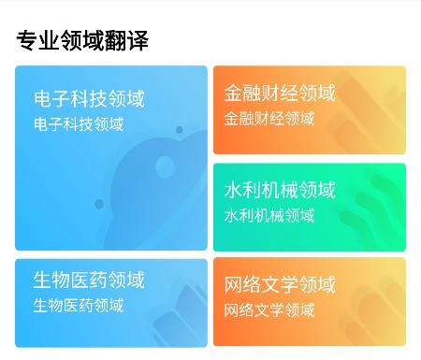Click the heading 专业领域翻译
click(x=82, y=40)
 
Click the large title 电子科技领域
click(x=89, y=99)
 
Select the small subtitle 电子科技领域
click(x=78, y=123)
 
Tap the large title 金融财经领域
click(x=279, y=94)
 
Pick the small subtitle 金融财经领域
click(x=269, y=118)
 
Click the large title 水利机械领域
click(x=279, y=191)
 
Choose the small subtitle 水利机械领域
click(x=269, y=215)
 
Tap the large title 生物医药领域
click(x=89, y=281)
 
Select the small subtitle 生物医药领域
click(x=78, y=305)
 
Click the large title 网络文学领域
click(x=279, y=284)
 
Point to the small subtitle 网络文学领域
click(x=269, y=310)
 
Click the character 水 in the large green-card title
click(x=233, y=191)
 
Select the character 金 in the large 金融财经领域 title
click(x=233, y=94)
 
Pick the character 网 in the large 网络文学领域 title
click(x=233, y=284)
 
